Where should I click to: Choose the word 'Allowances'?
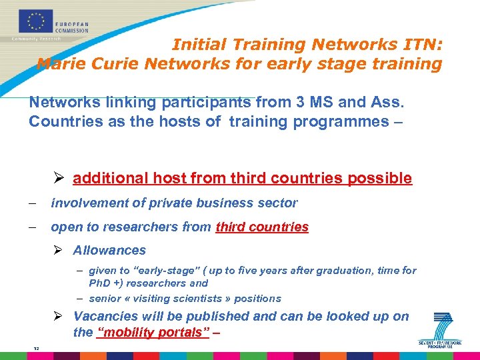click(x=109, y=251)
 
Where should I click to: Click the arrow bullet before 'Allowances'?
click(x=59, y=251)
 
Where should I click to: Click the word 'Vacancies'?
click(x=106, y=317)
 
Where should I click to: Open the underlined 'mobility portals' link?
click(x=153, y=333)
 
